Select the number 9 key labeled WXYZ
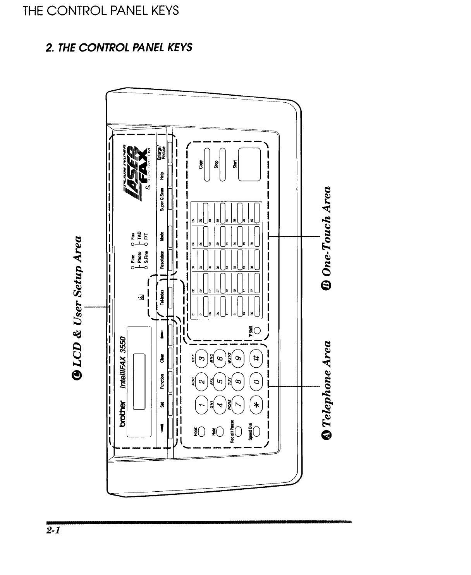click(237, 359)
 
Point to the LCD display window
click(139, 382)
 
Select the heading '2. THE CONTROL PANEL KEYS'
click(119, 47)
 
